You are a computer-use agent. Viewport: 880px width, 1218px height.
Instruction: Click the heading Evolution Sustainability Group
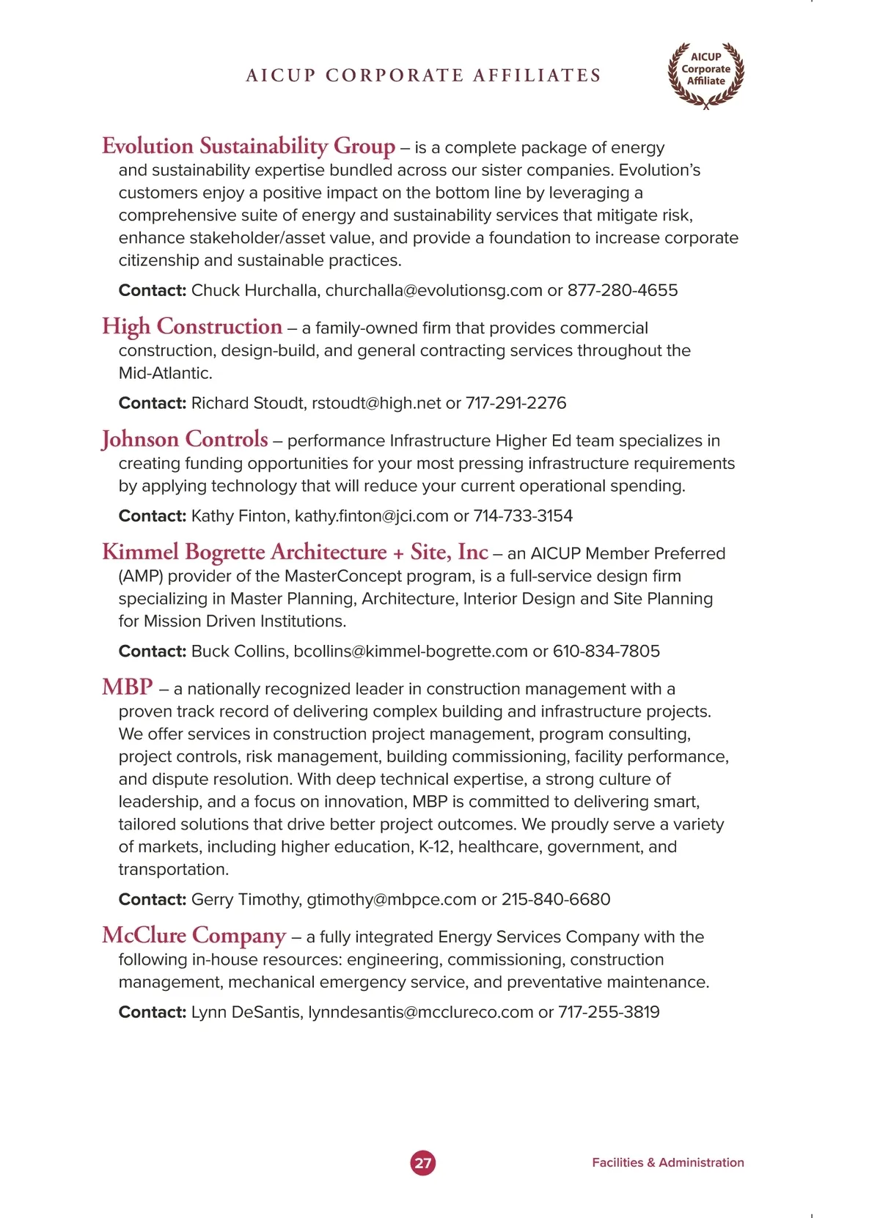pyautogui.click(x=249, y=146)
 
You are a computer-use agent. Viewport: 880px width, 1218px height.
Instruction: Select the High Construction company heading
pyautogui.click(x=192, y=326)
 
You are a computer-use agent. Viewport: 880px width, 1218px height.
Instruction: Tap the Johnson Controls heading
pyautogui.click(x=185, y=439)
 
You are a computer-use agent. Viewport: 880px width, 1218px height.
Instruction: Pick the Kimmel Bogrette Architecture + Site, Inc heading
pyautogui.click(x=295, y=552)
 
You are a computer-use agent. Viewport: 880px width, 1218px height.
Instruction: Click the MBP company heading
pyautogui.click(x=128, y=687)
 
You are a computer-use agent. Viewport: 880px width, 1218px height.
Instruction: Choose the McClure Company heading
pyautogui.click(x=194, y=935)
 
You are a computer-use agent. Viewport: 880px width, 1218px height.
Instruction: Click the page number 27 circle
pyautogui.click(x=423, y=1162)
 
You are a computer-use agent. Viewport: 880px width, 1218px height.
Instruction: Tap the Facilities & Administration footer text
pyautogui.click(x=667, y=1162)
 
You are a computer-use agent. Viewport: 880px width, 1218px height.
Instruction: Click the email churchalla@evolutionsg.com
pyautogui.click(x=433, y=290)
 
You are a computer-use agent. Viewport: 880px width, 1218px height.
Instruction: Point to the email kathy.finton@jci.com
pyautogui.click(x=371, y=516)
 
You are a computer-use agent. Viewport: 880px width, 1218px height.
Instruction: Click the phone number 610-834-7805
pyautogui.click(x=606, y=652)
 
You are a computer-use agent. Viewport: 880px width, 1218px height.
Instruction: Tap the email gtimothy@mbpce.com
pyautogui.click(x=391, y=899)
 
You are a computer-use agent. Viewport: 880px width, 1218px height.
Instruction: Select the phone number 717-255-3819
pyautogui.click(x=609, y=1012)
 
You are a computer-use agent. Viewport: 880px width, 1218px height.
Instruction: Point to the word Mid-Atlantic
pyautogui.click(x=165, y=373)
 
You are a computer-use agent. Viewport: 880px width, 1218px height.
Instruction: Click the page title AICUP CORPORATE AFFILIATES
pyautogui.click(x=423, y=75)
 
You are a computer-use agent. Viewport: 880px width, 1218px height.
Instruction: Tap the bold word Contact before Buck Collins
pyautogui.click(x=153, y=652)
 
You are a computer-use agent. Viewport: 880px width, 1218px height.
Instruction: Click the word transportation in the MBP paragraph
pyautogui.click(x=173, y=870)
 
